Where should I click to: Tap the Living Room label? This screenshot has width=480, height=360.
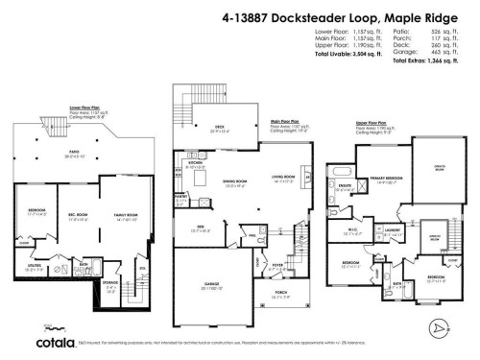[282, 178]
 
